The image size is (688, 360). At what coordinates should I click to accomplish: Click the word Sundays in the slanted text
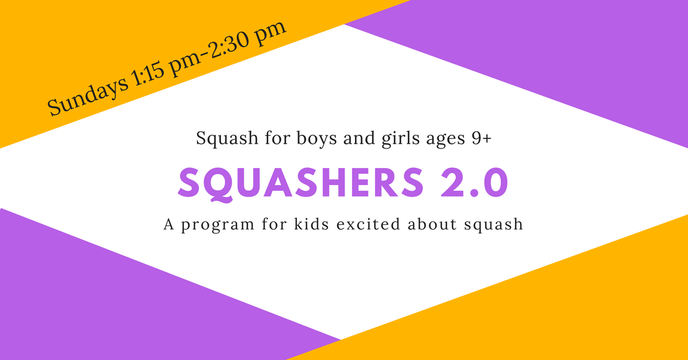click(87, 95)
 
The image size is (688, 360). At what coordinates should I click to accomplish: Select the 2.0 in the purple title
click(475, 183)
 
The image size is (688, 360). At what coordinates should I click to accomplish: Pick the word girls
click(401, 139)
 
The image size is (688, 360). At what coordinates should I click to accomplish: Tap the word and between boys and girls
click(359, 138)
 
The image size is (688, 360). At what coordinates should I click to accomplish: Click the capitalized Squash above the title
click(227, 139)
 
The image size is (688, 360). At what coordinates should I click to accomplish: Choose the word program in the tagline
click(218, 225)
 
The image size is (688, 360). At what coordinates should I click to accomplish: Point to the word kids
click(311, 224)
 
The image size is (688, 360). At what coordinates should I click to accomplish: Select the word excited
click(369, 224)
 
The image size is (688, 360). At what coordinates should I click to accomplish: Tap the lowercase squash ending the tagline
click(494, 225)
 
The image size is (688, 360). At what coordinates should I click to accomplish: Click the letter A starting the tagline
click(169, 224)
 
